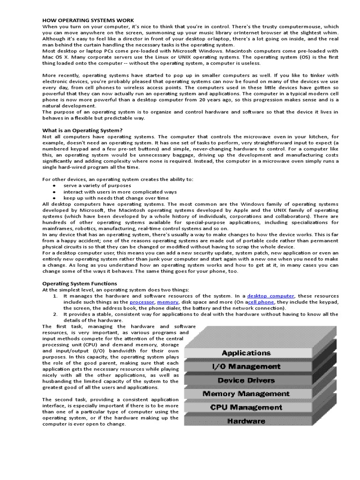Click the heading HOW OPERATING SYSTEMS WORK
click(x=88, y=20)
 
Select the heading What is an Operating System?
click(x=82, y=130)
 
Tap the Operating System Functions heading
click(x=80, y=284)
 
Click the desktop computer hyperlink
click(x=271, y=296)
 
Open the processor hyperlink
click(x=142, y=302)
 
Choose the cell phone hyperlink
click(x=261, y=302)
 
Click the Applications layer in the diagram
click(x=246, y=353)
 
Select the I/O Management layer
click(x=246, y=367)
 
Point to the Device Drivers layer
click(x=246, y=380)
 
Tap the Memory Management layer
click(x=246, y=394)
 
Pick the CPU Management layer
click(x=246, y=407)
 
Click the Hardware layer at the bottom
click(x=246, y=421)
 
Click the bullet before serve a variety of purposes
click(x=54, y=186)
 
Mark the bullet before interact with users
click(x=54, y=192)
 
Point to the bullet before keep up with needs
click(x=54, y=198)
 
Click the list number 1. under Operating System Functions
click(x=55, y=296)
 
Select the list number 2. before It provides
click(x=55, y=315)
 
